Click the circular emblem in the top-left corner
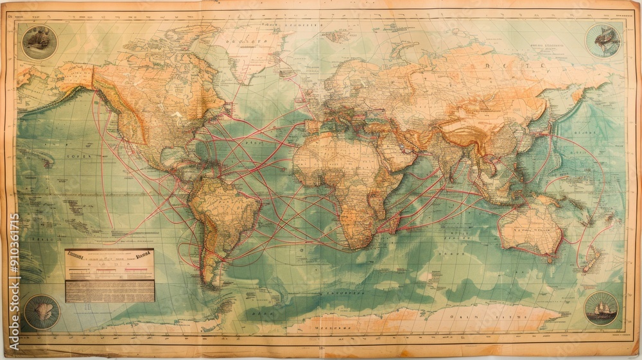click(x=39, y=40)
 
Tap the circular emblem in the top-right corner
click(x=602, y=40)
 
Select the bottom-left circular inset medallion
click(x=42, y=312)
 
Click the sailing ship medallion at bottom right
click(x=602, y=309)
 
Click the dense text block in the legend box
click(x=110, y=291)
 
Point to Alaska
click(x=71, y=77)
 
